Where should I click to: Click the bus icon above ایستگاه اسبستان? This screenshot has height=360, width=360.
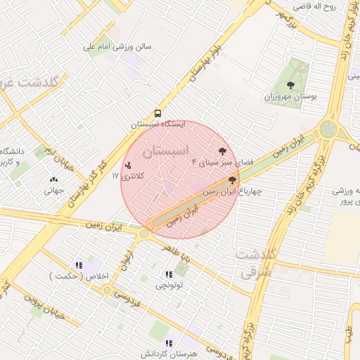(157, 112)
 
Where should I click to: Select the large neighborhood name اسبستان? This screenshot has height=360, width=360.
(166, 150)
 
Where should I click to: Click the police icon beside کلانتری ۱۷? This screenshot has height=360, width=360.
(127, 166)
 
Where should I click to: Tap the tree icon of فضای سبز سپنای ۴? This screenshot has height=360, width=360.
(223, 151)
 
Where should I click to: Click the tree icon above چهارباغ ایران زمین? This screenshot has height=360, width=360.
(232, 180)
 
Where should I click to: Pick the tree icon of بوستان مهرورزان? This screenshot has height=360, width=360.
(290, 86)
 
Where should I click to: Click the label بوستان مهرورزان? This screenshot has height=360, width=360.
(290, 96)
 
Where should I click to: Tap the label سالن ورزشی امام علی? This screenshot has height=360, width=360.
(117, 47)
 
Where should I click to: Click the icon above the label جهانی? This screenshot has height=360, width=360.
(54, 179)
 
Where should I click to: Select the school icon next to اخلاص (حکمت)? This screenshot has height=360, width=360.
(79, 265)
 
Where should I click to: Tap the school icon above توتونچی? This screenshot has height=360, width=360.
(169, 275)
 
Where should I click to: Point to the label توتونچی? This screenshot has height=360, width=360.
(169, 286)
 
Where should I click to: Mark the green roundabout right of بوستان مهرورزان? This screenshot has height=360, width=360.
(327, 129)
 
